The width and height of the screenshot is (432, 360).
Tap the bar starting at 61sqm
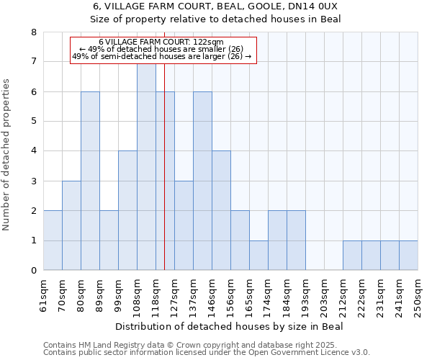53,240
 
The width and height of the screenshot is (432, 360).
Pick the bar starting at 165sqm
258,256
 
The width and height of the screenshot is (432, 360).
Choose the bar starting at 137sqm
202,181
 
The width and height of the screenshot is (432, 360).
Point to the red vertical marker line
165,180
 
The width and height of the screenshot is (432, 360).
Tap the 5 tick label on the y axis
33,122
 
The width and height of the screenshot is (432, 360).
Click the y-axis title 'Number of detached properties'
7,155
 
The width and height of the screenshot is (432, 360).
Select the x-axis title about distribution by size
230,326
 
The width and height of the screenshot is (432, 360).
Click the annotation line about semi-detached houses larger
162,56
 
